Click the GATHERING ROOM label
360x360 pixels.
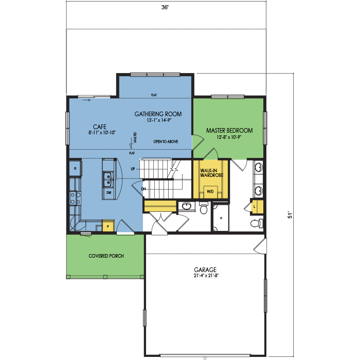(x=158, y=114)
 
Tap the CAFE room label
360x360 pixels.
(x=100, y=127)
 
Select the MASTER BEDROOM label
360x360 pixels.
(x=229, y=131)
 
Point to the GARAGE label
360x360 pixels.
(x=205, y=269)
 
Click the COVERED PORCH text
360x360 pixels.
(x=106, y=256)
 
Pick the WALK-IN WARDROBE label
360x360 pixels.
(x=212, y=173)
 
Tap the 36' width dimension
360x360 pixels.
(x=165, y=7)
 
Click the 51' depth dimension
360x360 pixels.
(x=290, y=214)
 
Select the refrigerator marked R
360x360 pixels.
(x=75, y=168)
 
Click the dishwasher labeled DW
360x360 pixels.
(x=109, y=193)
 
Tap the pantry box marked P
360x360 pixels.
(x=108, y=226)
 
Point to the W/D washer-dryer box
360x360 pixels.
(x=210, y=192)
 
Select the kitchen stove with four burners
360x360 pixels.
(x=75, y=198)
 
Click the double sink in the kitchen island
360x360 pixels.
(x=107, y=179)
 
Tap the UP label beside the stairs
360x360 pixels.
(x=133, y=169)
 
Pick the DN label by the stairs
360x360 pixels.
(x=143, y=189)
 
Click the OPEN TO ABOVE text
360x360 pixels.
(x=166, y=141)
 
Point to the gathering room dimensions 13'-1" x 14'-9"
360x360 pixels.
(x=159, y=120)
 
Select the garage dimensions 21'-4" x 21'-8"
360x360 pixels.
(x=206, y=276)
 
